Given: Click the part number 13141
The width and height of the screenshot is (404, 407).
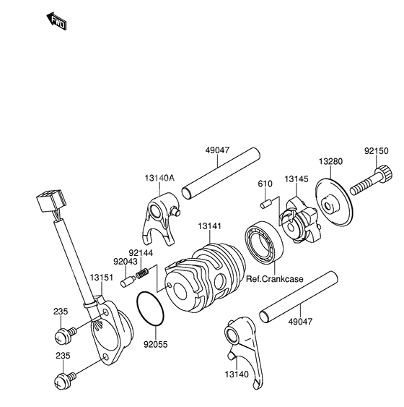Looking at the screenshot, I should point(210,227).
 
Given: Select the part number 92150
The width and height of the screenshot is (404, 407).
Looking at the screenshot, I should point(377,153).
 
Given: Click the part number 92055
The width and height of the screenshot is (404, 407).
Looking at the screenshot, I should point(154,345).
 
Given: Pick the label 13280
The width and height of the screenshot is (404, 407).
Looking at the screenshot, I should point(331,163).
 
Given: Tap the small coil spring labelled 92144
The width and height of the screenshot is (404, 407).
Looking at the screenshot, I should point(142,274).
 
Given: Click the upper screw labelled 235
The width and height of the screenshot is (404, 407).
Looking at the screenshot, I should point(62,335).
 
